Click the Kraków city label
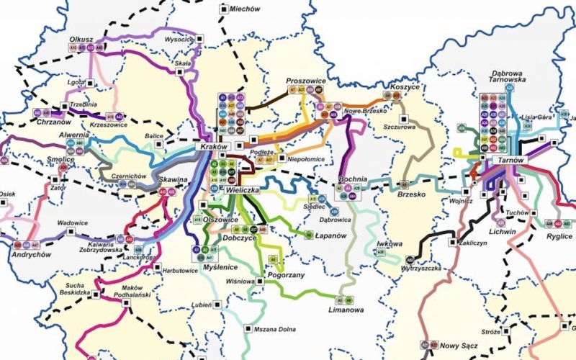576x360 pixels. tap(214, 146)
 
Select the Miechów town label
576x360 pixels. tap(244, 9)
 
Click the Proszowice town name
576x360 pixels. tap(306, 81)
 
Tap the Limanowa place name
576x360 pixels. tap(346, 310)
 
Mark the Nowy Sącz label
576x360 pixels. tap(455, 346)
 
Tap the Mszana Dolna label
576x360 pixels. tap(274, 329)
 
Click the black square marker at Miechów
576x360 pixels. tap(222, 9)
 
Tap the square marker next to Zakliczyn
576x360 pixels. tap(452, 243)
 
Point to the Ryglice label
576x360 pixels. tap(559, 235)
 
